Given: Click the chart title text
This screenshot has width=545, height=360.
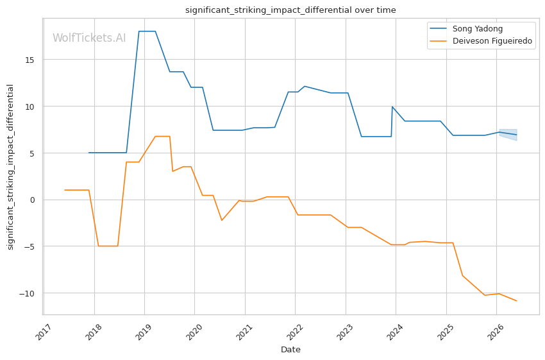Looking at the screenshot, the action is pos(290,10).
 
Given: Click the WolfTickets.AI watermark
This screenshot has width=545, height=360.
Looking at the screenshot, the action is pos(89,38).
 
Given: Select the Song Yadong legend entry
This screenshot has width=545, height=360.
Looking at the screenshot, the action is pos(478,28).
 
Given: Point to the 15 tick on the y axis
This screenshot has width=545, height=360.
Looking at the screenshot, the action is pos(29,60).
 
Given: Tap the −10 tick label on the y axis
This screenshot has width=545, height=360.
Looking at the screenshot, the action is pos(26,293).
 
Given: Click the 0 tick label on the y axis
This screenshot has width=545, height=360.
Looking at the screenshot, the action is pos(32,200).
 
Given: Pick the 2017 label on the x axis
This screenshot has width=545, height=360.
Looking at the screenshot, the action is pos(44,332).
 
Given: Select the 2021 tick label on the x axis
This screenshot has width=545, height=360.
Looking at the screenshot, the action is pos(245,332).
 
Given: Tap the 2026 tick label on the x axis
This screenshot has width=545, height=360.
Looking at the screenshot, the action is pos(496,332).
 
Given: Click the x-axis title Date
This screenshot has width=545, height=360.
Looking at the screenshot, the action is pos(290,350).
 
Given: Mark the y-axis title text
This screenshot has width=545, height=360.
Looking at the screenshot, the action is pos(10,167).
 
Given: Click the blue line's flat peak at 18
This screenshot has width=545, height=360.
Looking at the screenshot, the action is pos(147,31).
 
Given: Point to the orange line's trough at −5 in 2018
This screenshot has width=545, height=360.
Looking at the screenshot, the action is pos(108,246).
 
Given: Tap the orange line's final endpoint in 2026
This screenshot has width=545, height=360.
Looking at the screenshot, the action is pos(517,300).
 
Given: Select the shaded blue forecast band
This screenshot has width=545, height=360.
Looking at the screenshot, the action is pos(508,134).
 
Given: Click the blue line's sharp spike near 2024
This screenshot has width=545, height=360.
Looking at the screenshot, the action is pos(392,107).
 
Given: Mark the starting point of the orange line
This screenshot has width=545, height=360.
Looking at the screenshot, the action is pos(65,190).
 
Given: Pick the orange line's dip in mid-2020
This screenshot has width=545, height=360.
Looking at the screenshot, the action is pos(222,220).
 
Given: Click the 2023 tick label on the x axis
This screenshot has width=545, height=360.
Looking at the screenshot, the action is pos(346,332).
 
